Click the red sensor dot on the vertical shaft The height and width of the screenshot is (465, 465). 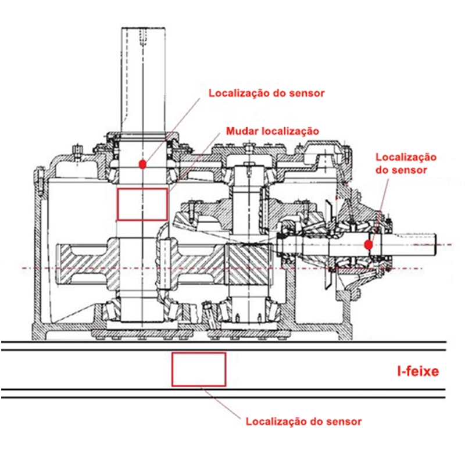[x=142, y=164]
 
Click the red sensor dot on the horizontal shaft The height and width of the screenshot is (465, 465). [x=368, y=245]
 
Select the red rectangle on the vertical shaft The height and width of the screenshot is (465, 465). [x=142, y=204]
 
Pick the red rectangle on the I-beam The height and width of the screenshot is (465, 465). [x=199, y=369]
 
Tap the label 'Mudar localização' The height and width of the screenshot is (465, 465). [x=273, y=131]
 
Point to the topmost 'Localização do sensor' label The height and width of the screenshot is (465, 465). [x=266, y=93]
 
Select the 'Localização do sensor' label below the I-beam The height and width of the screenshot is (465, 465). [x=303, y=421]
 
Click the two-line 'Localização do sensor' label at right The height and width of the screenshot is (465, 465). [x=406, y=163]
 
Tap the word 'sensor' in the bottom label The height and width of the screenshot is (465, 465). [x=345, y=421]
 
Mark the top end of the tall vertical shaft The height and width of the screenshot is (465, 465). [x=144, y=30]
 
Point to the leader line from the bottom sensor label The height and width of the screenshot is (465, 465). [x=224, y=402]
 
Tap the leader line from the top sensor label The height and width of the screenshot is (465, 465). [x=174, y=128]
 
